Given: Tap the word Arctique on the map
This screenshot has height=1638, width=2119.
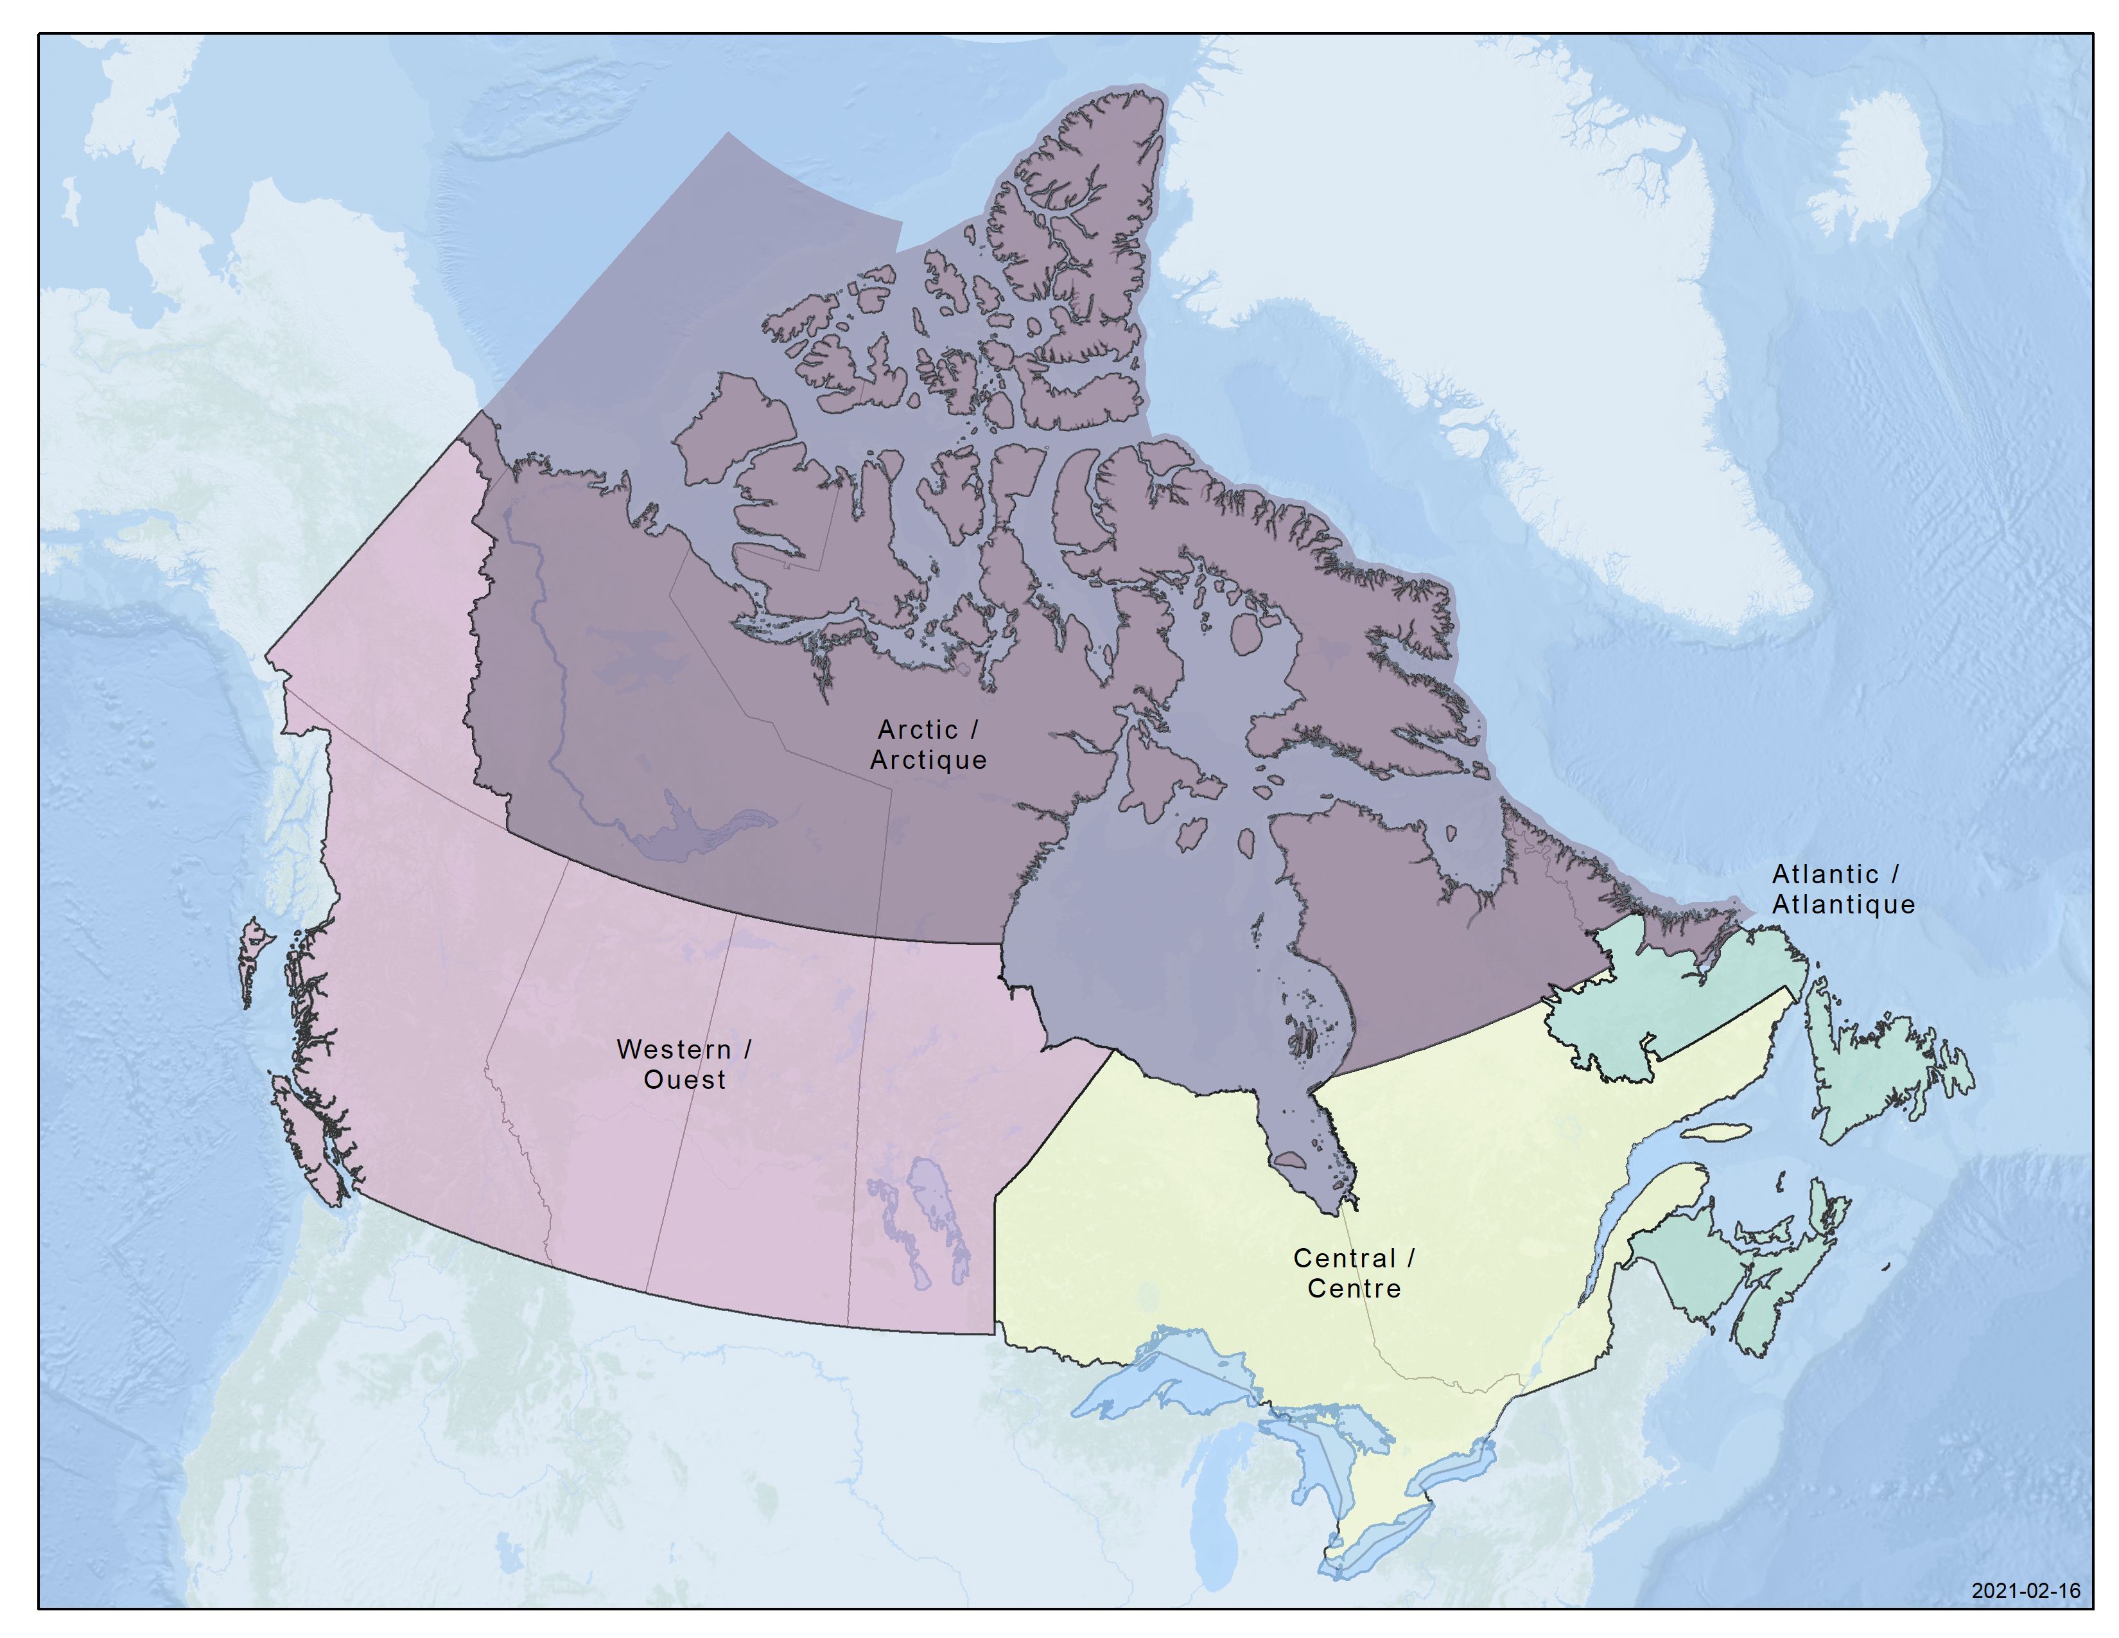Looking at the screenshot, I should (928, 760).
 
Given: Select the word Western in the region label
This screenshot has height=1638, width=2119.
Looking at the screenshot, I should (674, 1050).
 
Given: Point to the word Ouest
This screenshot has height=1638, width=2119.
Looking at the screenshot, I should (684, 1080).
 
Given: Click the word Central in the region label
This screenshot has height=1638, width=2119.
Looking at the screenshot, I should (1344, 1258).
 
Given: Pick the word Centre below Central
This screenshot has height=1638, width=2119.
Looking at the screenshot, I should (1354, 1289).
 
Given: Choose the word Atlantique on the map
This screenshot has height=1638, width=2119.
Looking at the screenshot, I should (1844, 904).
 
